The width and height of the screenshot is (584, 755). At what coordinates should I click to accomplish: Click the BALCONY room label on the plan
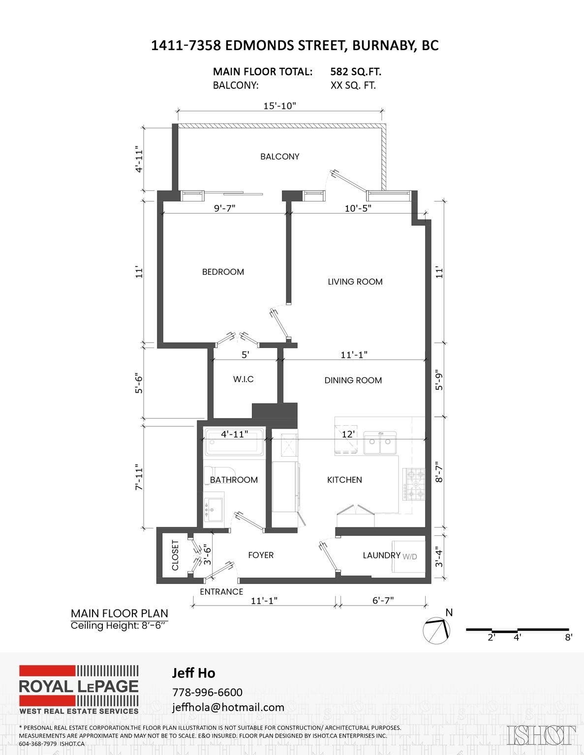pos(279,156)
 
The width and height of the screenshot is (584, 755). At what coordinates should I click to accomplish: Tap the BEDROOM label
pos(223,272)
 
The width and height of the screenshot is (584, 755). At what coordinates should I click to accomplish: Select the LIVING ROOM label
pos(355,282)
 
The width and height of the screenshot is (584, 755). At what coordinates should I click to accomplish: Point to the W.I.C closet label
pos(243,379)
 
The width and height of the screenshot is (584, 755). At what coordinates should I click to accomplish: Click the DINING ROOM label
pos(353,380)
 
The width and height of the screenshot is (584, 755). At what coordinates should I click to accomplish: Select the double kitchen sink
pos(380,443)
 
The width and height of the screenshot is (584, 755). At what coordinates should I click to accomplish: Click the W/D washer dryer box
pos(408,556)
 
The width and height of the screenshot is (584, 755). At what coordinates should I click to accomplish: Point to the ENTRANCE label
pos(221,592)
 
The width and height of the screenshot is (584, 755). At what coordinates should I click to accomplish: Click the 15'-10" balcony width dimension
pos(279,106)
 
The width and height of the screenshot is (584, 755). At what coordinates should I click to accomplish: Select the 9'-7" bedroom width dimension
pos(224,208)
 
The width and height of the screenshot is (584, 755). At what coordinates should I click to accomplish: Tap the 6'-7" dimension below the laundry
pos(383,601)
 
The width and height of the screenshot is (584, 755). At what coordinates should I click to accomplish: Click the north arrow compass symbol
pos(437,630)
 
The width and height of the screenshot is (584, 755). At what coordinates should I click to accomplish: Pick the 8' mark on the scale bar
pos(568,638)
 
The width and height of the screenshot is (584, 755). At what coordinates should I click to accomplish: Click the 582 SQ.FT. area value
pos(355,72)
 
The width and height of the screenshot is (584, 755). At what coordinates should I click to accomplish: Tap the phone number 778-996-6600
pos(207,692)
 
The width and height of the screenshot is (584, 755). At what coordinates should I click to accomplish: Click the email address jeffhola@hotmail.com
pos(228,707)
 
